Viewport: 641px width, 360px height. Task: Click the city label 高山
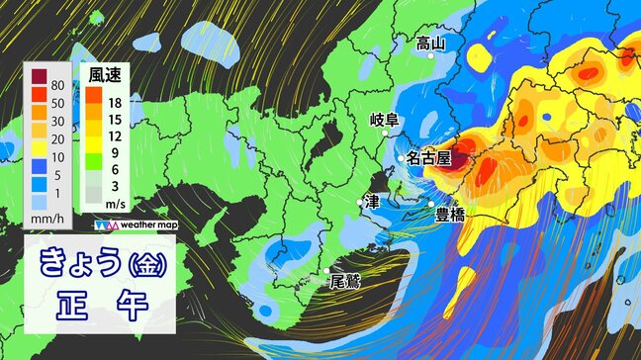click(430, 43)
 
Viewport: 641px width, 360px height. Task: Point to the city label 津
click(372, 201)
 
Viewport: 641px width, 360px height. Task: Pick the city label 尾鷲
click(345, 280)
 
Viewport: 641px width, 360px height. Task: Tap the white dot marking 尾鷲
click(327, 270)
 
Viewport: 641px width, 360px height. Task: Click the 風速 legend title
click(105, 74)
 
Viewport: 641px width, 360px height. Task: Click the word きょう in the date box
click(77, 263)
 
